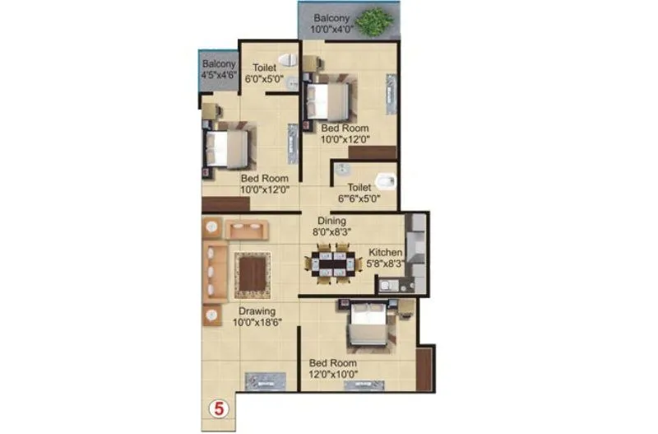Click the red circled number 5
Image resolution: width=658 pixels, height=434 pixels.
pos(220,407)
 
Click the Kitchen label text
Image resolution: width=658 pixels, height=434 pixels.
pos(385,252)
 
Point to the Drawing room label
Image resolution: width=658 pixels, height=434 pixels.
pos(257,312)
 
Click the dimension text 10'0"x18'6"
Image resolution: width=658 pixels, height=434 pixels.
pos(257,324)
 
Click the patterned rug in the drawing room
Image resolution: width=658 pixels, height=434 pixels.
pos(253,274)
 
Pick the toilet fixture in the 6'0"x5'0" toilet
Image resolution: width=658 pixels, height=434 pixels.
pos(286,59)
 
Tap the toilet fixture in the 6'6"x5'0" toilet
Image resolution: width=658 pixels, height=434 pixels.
pos(384,180)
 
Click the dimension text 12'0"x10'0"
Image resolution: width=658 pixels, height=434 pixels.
pos(333,375)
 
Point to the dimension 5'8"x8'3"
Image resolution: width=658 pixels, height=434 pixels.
pos(386,264)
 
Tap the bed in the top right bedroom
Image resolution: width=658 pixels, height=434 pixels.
pos(325,100)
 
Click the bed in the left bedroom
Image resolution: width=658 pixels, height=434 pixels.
pos(225,148)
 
